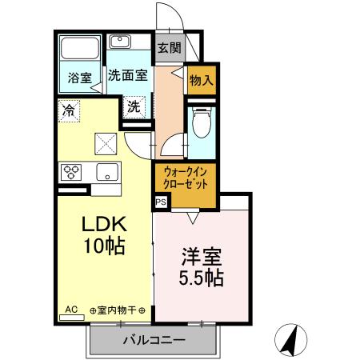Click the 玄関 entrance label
pos(169,47)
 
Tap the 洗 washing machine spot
pos(133,106)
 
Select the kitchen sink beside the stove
pos(105,171)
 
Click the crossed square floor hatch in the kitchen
pos(106,144)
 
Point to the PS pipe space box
pos(161,202)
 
